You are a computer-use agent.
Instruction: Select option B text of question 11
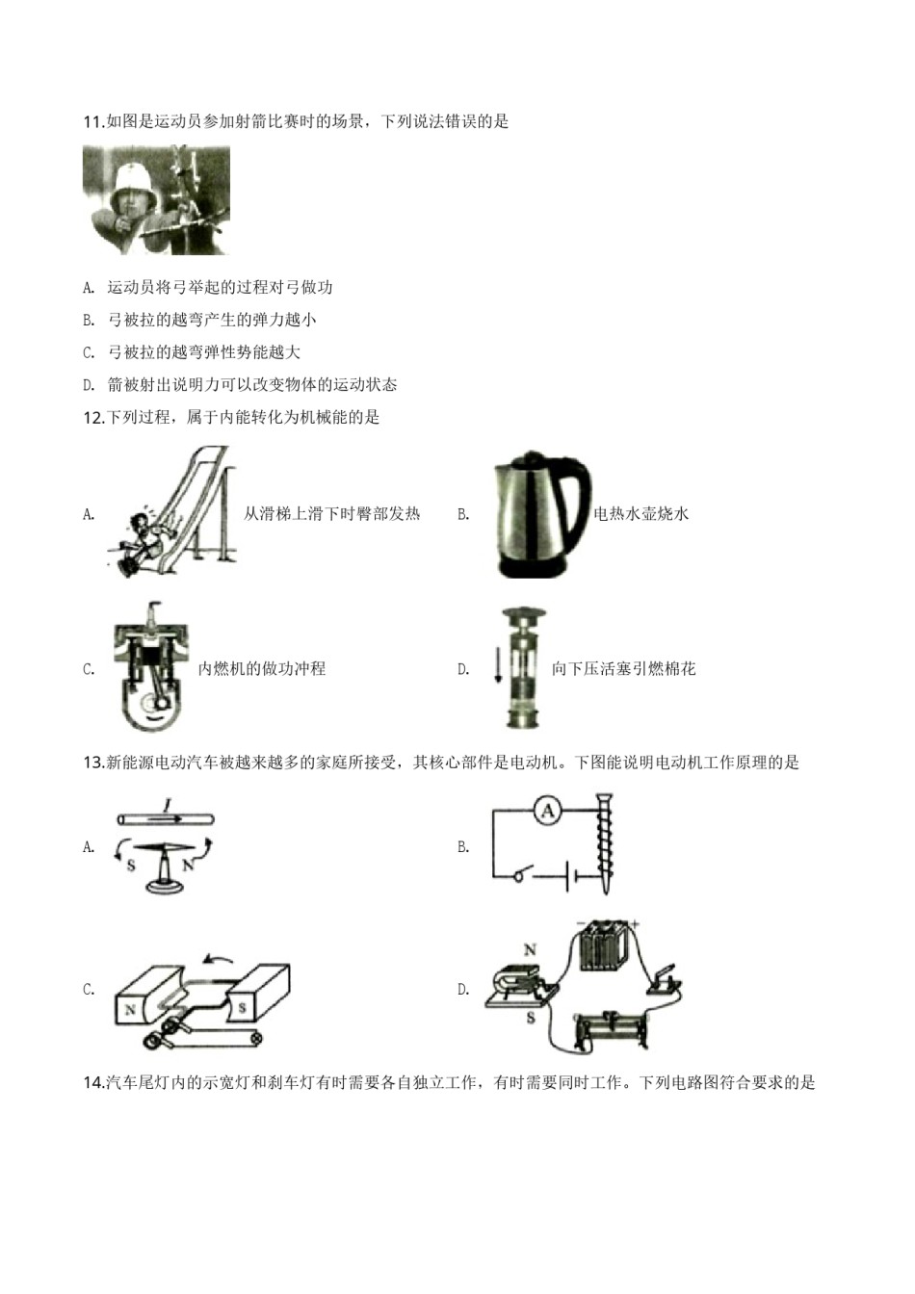coord(212,320)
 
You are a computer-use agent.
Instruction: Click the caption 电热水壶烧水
coord(641,514)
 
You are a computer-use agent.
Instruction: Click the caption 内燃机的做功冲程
coord(262,669)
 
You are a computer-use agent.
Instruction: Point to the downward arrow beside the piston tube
coord(498,664)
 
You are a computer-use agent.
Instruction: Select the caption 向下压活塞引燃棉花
coord(623,669)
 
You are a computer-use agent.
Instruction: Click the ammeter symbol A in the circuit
coord(548,812)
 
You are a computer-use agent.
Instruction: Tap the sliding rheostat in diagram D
coord(606,1029)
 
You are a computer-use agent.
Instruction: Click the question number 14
coord(93,1083)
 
